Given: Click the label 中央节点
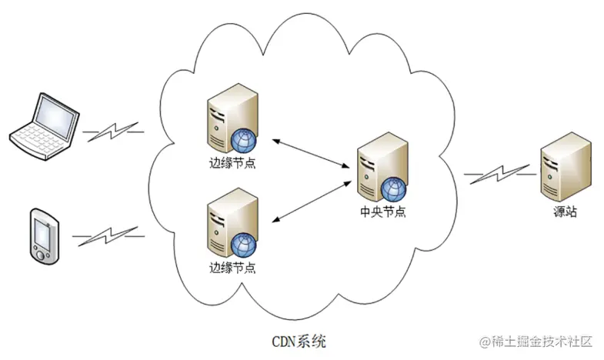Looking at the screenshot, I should point(382,212).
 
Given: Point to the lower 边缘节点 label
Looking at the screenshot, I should point(232,269).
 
